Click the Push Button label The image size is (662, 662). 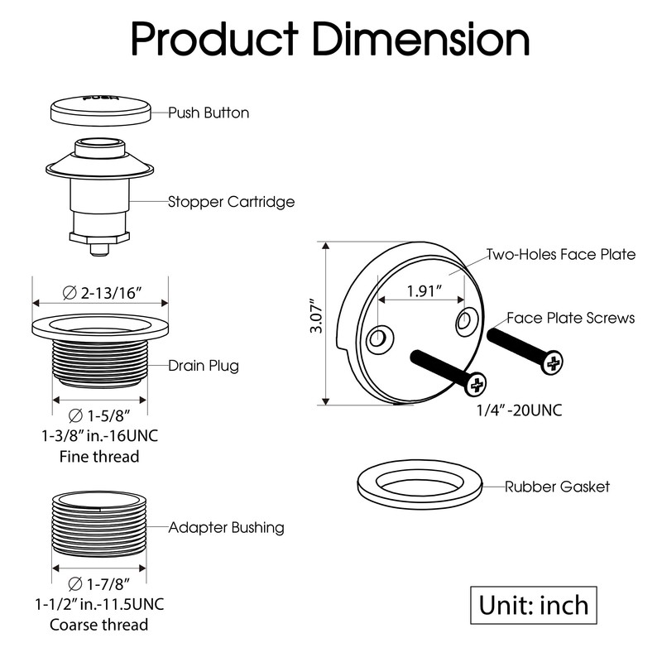pyautogui.click(x=209, y=113)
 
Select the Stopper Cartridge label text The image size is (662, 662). pyautogui.click(x=232, y=201)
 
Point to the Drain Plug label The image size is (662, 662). pyautogui.click(x=204, y=365)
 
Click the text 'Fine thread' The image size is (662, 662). pyautogui.click(x=99, y=456)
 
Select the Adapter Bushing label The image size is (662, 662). pyautogui.click(x=226, y=527)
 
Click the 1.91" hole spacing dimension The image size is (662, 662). pyautogui.click(x=423, y=291)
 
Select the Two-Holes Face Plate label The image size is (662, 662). pyautogui.click(x=561, y=254)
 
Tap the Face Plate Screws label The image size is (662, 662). pyautogui.click(x=571, y=318)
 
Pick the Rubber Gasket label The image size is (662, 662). pyautogui.click(x=557, y=486)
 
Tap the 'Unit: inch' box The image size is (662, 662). pyautogui.click(x=534, y=605)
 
